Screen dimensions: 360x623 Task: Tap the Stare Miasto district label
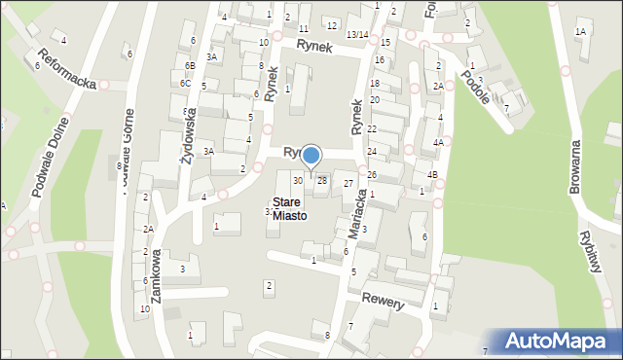tap(288, 209)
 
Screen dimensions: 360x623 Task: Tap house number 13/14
tap(357, 35)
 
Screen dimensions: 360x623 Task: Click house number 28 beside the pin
tap(321, 180)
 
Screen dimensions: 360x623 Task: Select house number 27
tap(348, 184)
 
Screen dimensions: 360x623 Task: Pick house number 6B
tap(190, 65)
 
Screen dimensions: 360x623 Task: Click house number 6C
tap(185, 84)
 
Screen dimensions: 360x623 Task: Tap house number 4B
tap(432, 175)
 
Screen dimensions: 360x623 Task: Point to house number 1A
tap(581, 32)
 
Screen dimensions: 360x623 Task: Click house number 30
tap(298, 180)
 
